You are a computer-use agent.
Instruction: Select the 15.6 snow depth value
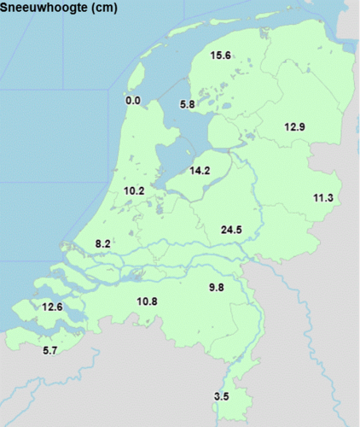coord(221,56)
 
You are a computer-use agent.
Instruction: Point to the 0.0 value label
coord(133,101)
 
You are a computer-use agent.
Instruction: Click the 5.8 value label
coord(189,104)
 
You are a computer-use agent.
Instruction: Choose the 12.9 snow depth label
coord(294,126)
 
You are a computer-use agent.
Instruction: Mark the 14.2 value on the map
coord(200,170)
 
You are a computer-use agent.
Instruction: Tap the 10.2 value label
coord(134,190)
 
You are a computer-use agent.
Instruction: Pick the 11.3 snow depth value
coord(322,198)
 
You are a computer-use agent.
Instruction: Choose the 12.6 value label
coord(51,307)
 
